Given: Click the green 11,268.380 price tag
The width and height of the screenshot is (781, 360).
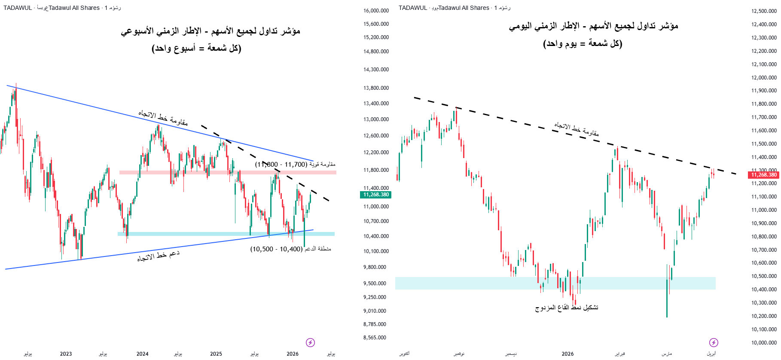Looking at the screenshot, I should [376, 195].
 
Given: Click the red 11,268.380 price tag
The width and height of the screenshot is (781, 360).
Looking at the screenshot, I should [764, 175].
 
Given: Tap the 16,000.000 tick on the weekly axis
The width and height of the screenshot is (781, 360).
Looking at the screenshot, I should [376, 11].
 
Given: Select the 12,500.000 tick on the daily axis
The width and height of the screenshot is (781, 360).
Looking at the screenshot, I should [764, 11].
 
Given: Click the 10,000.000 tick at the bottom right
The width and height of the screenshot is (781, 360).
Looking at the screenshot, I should [764, 343].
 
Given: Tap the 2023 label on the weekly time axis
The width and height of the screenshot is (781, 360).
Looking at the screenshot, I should [66, 354].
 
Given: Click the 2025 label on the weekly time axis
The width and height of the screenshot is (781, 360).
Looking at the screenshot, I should [216, 354].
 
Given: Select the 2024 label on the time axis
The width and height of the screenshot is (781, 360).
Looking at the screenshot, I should [142, 354].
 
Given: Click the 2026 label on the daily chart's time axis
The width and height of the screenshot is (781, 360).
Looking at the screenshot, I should [567, 354].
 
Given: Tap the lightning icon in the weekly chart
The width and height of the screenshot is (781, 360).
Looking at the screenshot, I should [310, 342].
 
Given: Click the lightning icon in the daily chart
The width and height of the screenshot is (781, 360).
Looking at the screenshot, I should [713, 342].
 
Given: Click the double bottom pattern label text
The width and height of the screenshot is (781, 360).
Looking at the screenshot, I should [566, 308].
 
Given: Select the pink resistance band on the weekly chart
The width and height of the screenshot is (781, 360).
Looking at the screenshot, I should [228, 172].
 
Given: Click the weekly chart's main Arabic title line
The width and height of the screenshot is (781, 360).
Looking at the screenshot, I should [210, 31].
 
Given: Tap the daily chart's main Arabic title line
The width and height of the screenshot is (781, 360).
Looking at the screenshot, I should [593, 26].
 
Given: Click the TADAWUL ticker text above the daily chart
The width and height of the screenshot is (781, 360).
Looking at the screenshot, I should [413, 8].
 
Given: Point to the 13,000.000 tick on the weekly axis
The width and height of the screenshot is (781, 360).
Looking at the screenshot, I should [376, 119].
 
